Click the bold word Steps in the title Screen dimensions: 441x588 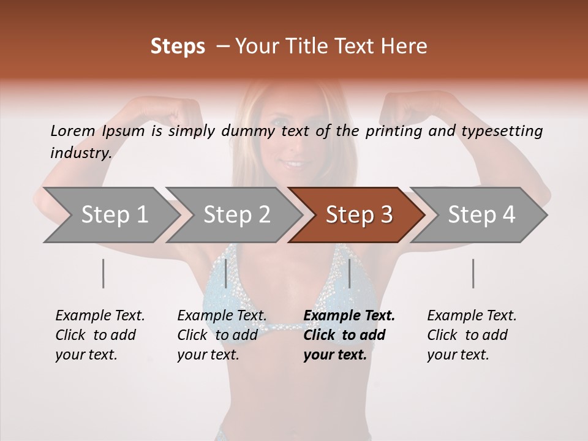[178, 47]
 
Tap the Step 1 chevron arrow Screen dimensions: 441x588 [110, 215]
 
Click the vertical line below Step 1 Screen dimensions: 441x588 [104, 273]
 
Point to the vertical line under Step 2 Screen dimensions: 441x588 [226, 273]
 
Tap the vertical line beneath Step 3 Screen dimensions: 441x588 [349, 273]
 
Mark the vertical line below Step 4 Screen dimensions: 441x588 [473, 273]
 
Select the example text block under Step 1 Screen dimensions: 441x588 [100, 335]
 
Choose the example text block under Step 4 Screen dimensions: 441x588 [471, 335]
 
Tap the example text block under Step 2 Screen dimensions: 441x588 [222, 335]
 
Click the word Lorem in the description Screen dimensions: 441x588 [73, 130]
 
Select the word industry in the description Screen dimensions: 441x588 [80, 153]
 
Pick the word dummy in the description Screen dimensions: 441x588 [249, 131]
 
